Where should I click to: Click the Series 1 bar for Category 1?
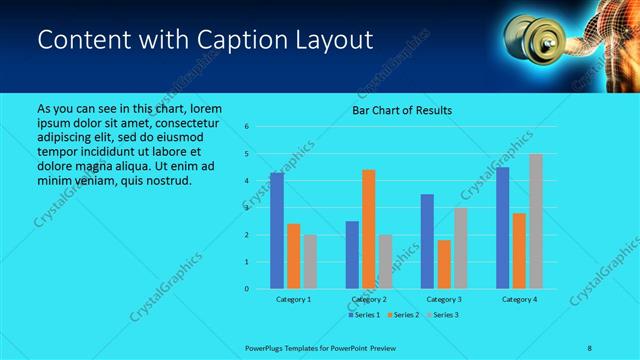pyautogui.click(x=277, y=231)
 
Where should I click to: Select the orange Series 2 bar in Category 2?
pyautogui.click(x=368, y=229)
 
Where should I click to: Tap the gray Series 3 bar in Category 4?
pyautogui.click(x=535, y=221)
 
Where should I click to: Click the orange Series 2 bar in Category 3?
pyautogui.click(x=443, y=264)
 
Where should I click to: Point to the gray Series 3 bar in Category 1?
pyautogui.click(x=309, y=261)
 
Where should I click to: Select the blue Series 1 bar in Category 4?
pyautogui.click(x=503, y=228)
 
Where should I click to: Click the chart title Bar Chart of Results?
pyautogui.click(x=402, y=110)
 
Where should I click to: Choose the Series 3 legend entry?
pyautogui.click(x=444, y=315)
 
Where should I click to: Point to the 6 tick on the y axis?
pyautogui.click(x=247, y=127)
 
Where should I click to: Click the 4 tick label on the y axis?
pyautogui.click(x=247, y=181)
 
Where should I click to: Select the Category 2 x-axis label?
pyautogui.click(x=368, y=299)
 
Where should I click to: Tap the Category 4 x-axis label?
pyautogui.click(x=519, y=299)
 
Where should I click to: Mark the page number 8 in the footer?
pyautogui.click(x=590, y=346)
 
